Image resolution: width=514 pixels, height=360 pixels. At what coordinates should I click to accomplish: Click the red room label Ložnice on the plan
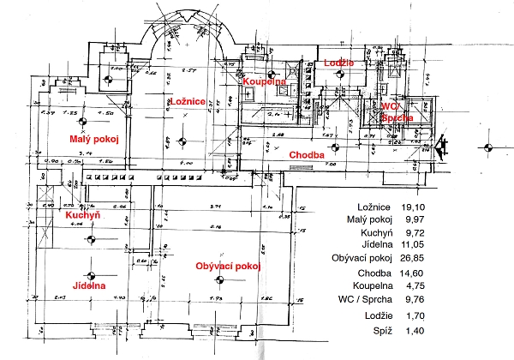(x=187, y=102)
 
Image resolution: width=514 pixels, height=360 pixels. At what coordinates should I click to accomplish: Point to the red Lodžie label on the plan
(x=341, y=63)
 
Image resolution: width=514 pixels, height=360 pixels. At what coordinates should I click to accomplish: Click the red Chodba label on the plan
(x=307, y=154)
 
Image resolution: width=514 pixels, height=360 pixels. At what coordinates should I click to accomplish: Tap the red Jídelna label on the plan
(x=89, y=285)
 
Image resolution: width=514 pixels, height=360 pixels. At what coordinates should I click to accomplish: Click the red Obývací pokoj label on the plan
(x=227, y=266)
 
